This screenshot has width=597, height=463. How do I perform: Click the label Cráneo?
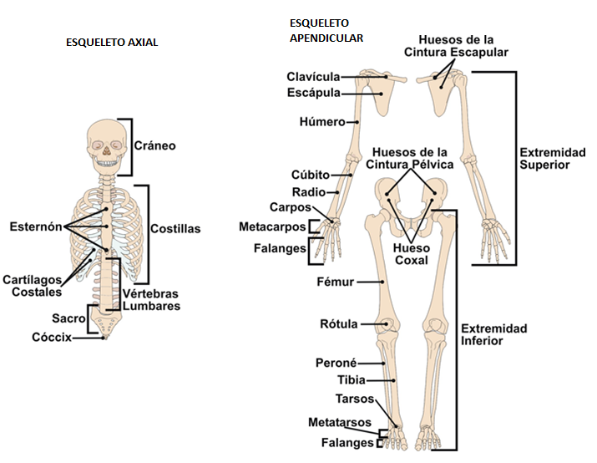point(154,145)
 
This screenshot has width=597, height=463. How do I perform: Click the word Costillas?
point(175,228)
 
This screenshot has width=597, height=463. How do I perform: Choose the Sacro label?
point(68,318)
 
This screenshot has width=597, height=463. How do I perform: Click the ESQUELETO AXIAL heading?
point(111,42)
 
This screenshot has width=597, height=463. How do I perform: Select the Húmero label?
point(322,122)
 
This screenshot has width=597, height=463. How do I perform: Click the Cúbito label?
point(311,176)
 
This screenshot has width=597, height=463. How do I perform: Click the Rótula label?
point(339,323)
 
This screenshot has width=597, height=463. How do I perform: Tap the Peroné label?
point(336,363)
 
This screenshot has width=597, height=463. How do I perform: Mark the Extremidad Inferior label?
point(493,334)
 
